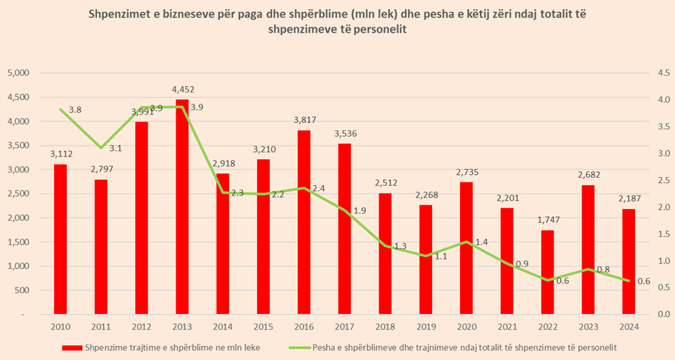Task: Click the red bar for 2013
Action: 182,207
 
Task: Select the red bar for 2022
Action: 546,272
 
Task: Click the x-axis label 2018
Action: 385,325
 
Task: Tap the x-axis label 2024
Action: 627,325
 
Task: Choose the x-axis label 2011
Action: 101,325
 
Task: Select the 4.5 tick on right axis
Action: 656,73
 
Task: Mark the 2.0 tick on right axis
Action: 656,207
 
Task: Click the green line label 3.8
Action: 75,110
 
